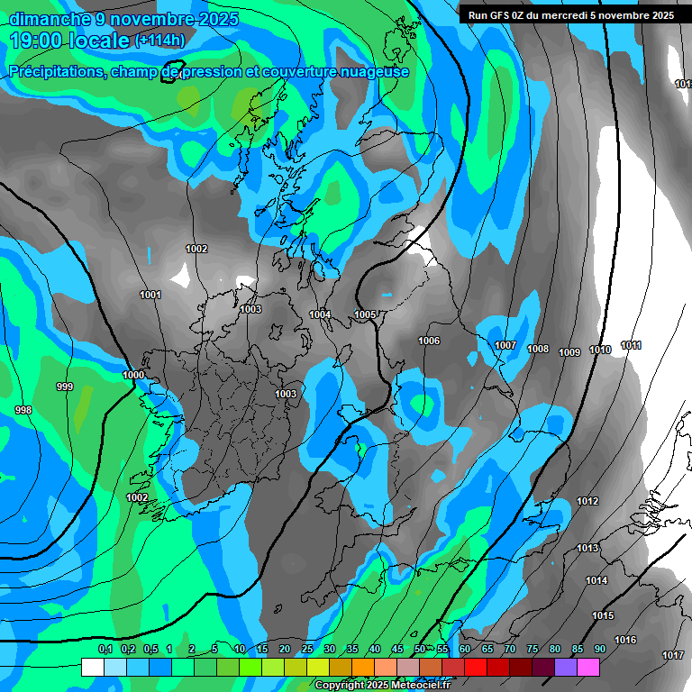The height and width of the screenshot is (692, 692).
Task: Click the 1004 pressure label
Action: coord(320,314)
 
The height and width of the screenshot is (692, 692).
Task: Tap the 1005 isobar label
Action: coord(365,314)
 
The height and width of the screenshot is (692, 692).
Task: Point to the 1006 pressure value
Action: coord(429,341)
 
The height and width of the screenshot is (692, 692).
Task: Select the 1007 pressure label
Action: coord(505,346)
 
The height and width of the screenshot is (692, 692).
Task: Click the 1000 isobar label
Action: coord(133,375)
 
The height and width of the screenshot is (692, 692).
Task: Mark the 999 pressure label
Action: coord(65,387)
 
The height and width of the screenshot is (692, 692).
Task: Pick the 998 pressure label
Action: coord(23,410)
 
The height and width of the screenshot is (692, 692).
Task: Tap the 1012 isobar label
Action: coord(587,501)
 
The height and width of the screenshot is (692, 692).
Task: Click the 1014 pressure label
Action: coord(596,580)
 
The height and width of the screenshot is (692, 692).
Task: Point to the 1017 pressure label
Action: coord(672,655)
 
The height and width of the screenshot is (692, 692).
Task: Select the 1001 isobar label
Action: coord(150,295)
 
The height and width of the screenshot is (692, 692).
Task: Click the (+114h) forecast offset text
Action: coord(159,41)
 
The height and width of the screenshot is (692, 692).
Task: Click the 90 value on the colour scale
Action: coord(599,649)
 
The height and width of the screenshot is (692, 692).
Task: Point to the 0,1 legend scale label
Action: coord(105,649)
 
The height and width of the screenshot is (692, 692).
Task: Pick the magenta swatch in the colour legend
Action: coord(588,667)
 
